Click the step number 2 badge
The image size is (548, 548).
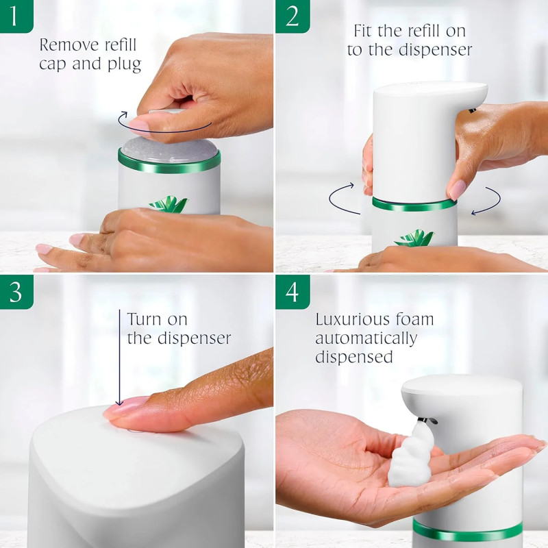(291, 15)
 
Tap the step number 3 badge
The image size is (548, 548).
(15, 292)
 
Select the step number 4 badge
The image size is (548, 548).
(291, 292)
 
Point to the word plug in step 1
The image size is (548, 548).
(125, 65)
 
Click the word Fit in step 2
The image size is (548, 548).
(368, 31)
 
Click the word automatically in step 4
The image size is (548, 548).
(365, 338)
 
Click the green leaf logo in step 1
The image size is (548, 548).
(169, 204)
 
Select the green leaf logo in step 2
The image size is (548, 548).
(414, 238)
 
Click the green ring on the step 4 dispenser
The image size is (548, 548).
(466, 531)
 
